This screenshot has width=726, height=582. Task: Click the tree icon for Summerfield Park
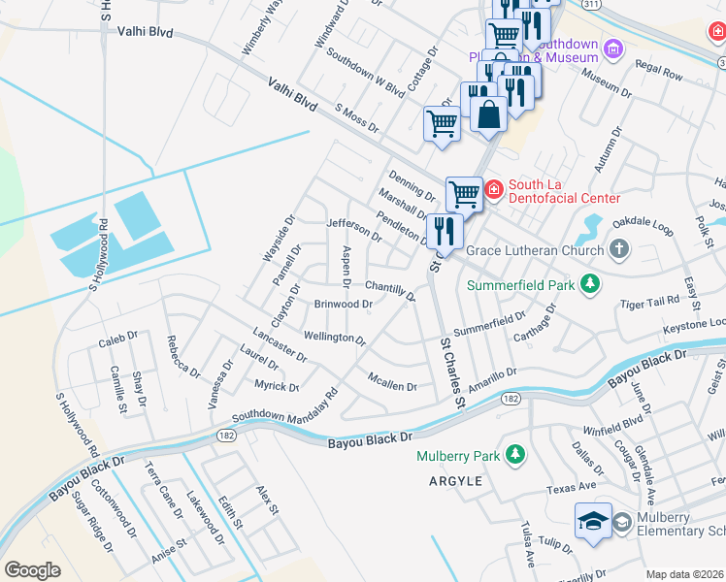tap(588, 284)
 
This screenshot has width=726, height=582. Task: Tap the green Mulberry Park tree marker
tap(515, 455)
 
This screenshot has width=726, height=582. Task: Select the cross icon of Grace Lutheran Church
tap(619, 250)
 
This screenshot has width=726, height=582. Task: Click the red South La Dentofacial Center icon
tap(493, 188)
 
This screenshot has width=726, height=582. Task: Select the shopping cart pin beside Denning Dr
tap(464, 193)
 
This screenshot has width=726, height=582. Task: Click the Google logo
tap(32, 570)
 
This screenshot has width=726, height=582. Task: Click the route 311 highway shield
tap(591, 5)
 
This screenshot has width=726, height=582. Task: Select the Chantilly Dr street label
tap(390, 287)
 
